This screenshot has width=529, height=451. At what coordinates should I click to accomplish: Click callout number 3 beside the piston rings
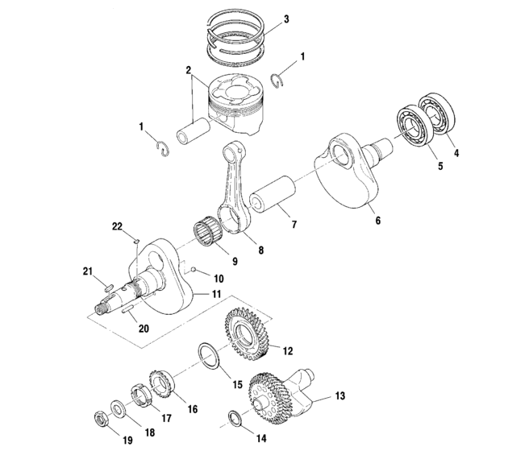(x=285, y=18)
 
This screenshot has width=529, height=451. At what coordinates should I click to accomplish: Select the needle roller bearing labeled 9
(x=212, y=231)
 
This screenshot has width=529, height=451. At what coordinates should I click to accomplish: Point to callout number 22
(x=116, y=228)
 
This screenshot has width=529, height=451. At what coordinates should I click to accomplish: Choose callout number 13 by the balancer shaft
(x=339, y=395)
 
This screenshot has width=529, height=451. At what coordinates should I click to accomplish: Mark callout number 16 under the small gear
(x=192, y=409)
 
